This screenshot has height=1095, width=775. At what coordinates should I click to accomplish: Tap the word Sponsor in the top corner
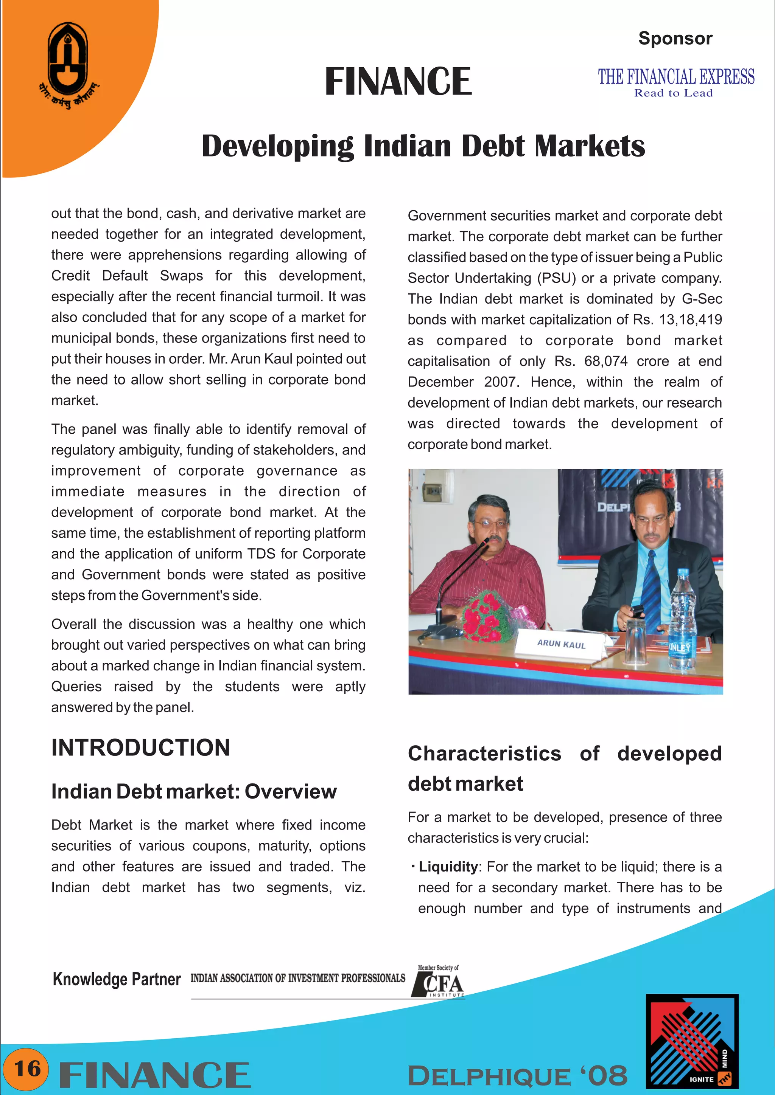point(675,38)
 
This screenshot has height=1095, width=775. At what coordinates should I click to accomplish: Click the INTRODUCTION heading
point(140,747)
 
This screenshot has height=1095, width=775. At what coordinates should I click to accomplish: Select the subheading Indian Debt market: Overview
point(194,791)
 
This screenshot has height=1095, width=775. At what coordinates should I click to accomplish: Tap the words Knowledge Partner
point(117,979)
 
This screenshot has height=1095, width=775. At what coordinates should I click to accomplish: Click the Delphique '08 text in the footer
point(517,1075)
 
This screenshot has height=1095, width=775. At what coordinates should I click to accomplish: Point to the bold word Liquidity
point(448,867)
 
